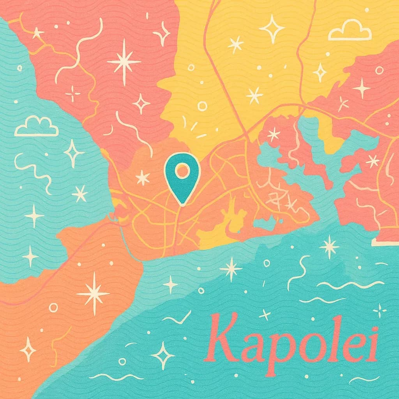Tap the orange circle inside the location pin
[x=182, y=170]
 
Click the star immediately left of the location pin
[x=143, y=178]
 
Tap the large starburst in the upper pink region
[x=124, y=62]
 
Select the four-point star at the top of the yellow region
[x=272, y=29]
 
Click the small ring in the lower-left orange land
[x=53, y=308]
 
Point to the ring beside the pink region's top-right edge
[x=379, y=70]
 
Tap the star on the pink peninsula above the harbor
[x=274, y=134]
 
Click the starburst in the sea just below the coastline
[x=231, y=269]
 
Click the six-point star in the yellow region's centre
[x=254, y=95]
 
